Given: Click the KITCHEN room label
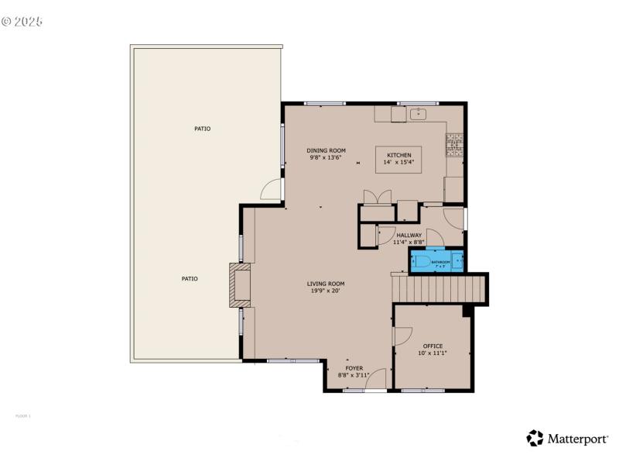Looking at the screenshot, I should (x=399, y=155).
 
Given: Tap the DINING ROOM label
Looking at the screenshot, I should (x=326, y=150).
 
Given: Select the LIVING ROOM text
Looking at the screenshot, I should (x=326, y=284).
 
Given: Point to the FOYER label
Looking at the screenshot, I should (x=354, y=368).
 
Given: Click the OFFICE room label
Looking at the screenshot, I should (x=433, y=346).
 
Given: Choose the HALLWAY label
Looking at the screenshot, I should (x=409, y=235).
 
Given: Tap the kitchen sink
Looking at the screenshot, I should (x=419, y=115).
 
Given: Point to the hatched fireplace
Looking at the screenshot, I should (x=240, y=285).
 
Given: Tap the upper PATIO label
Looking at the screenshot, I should (x=202, y=129).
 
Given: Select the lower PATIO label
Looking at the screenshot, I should (x=190, y=278).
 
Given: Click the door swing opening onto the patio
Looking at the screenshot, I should (x=271, y=188).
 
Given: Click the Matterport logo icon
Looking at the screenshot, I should (x=535, y=439).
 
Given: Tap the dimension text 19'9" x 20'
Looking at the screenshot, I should (x=326, y=291).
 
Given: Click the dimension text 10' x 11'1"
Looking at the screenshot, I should (x=433, y=353).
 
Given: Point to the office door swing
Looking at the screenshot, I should (x=402, y=335).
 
